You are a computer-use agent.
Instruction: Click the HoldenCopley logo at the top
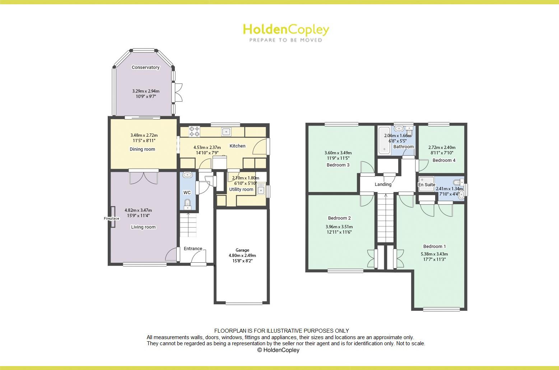click(286, 29)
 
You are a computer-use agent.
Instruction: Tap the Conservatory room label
click(145, 67)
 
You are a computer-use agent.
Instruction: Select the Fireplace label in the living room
click(111, 219)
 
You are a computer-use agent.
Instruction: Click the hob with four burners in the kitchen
click(194, 131)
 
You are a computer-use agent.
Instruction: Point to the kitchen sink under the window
click(226, 132)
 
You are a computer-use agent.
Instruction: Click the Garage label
click(242, 250)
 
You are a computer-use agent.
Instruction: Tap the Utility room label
click(241, 189)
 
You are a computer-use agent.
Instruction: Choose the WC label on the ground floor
click(187, 193)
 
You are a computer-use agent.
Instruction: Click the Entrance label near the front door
click(193, 249)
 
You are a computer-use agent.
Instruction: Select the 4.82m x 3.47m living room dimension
click(138, 210)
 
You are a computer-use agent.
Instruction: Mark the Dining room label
click(143, 149)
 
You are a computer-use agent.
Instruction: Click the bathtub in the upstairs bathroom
click(384, 140)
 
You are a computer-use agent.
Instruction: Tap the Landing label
click(383, 184)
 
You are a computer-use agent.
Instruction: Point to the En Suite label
click(427, 185)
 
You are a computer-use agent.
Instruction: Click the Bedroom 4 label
click(444, 160)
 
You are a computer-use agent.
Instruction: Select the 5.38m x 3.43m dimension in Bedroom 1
click(434, 254)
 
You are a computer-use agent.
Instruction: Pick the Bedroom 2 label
click(339, 218)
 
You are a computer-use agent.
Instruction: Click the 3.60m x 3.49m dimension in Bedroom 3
click(338, 153)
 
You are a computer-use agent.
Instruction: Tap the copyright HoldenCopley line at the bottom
click(278, 350)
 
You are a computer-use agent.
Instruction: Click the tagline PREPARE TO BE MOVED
click(286, 40)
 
